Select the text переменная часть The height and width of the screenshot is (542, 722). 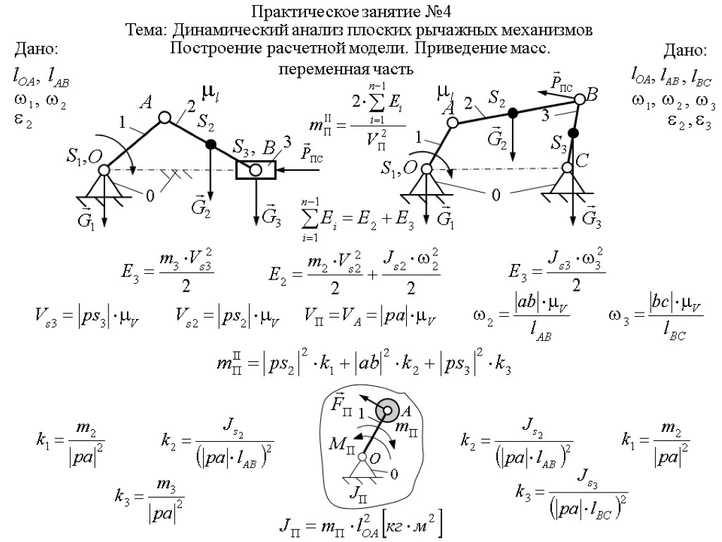tap(345, 70)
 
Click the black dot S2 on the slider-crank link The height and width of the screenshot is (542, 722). tap(210, 144)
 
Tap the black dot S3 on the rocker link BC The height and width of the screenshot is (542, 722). tap(573, 133)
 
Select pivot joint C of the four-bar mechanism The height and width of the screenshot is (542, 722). tap(568, 168)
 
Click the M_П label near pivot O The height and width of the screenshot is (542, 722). tap(341, 446)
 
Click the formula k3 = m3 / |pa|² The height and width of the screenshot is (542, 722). tap(149, 497)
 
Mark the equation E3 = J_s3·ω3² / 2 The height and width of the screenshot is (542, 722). tap(557, 269)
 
